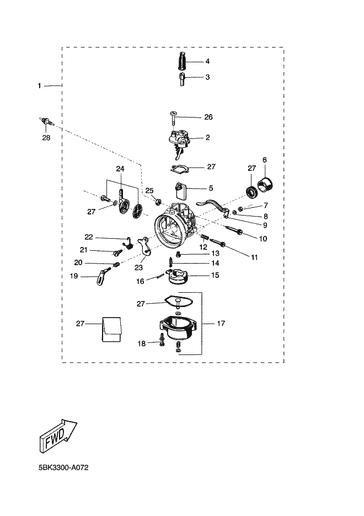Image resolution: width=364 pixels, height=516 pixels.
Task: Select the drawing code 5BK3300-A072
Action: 63,467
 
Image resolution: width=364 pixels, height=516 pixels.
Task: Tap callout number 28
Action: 46,138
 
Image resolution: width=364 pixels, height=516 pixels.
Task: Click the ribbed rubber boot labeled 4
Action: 182,61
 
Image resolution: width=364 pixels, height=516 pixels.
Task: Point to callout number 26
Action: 208,117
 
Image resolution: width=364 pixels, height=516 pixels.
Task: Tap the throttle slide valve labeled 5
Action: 180,191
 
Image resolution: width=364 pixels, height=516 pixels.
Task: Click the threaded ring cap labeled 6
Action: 265,184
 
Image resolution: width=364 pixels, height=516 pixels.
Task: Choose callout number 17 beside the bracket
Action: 221,324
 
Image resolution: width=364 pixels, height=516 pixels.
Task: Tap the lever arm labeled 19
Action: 103,276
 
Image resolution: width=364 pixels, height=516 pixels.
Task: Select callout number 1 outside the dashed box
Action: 39,86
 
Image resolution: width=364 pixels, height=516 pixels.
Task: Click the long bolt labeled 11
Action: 217,242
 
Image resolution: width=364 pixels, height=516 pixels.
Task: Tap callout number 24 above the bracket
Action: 120,169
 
